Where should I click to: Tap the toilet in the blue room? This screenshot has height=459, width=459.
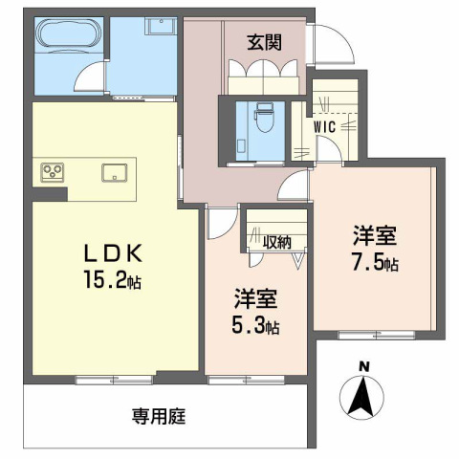[260, 120]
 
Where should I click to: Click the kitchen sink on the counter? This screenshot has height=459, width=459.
[114, 173]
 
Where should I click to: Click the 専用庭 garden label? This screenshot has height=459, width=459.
[157, 417]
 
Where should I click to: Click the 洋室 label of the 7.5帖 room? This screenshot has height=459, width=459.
[374, 235]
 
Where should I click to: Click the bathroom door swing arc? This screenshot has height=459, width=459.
[91, 76]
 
